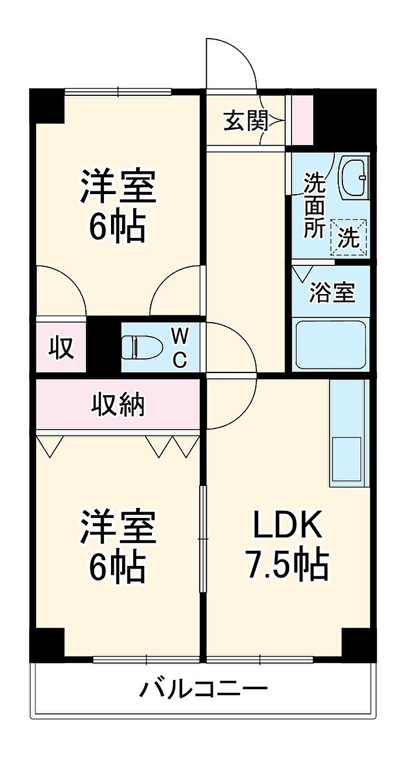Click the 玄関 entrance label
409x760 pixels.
[x=245, y=120]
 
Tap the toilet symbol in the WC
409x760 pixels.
[x=142, y=347]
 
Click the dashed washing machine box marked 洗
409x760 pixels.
[x=349, y=237]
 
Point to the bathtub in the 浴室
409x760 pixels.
[x=331, y=345]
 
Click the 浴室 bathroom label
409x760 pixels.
[x=331, y=292]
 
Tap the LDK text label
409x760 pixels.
[x=287, y=525]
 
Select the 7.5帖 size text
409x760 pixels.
[x=287, y=565]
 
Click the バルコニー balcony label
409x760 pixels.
[x=203, y=687]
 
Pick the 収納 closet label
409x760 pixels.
[x=118, y=405]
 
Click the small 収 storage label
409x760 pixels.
[x=61, y=348]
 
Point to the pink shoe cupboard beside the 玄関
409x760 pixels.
[x=303, y=119]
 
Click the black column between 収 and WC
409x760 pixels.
[x=104, y=344]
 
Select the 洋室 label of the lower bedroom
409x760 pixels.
[x=117, y=526]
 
